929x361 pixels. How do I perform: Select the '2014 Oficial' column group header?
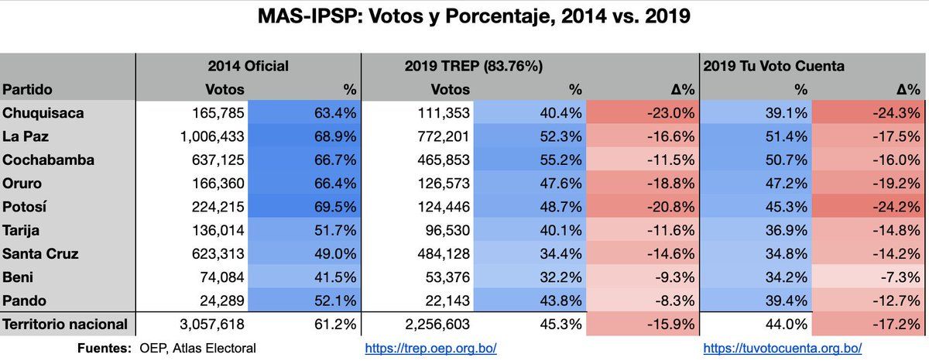pyautogui.click(x=248, y=67)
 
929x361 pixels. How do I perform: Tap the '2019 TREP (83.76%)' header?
pyautogui.click(x=474, y=67)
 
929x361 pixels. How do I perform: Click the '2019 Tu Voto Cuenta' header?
pyautogui.click(x=773, y=67)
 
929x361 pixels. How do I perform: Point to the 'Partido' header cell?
pyautogui.click(x=28, y=90)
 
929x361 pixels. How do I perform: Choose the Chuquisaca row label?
pyautogui.click(x=43, y=113)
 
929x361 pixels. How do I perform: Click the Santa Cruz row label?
pyautogui.click(x=41, y=253)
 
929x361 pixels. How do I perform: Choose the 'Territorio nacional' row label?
pyautogui.click(x=64, y=325)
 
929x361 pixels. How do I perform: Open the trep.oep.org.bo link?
pyautogui.click(x=430, y=349)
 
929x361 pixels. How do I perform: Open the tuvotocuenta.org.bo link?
pyautogui.click(x=782, y=349)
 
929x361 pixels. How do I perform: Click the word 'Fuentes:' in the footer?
pyautogui.click(x=105, y=349)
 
